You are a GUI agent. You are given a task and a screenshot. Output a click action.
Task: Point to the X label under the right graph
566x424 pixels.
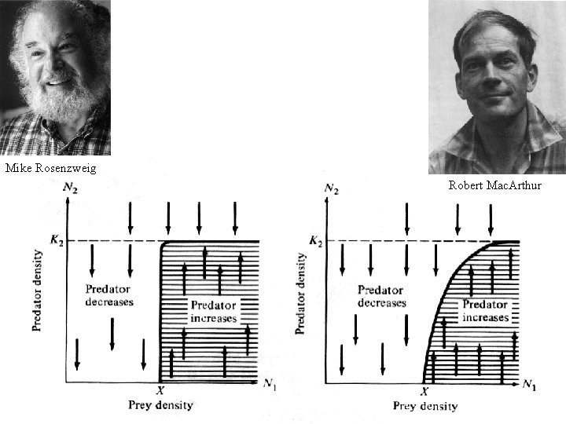(425, 391)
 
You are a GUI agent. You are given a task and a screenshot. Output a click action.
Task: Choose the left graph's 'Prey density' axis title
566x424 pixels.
(161, 405)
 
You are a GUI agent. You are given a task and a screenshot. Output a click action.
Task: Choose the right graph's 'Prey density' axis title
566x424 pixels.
(424, 406)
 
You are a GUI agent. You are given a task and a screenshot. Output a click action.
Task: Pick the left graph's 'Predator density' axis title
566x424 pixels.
(37, 291)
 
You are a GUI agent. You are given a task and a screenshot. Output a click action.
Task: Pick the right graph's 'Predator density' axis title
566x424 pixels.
(300, 292)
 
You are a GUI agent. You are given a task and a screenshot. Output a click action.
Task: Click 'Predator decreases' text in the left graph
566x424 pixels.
(110, 295)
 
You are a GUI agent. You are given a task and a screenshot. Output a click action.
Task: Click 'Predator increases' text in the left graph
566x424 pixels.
(213, 312)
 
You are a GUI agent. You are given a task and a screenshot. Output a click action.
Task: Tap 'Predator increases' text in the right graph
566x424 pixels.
(485, 311)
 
